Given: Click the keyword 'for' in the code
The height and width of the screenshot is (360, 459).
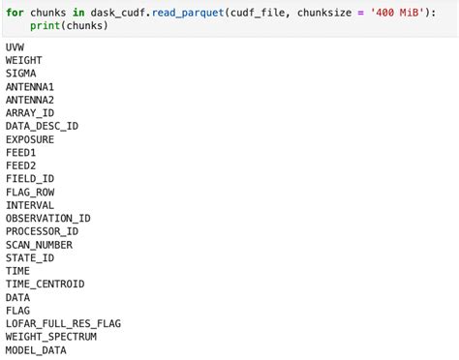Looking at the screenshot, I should point(15,12).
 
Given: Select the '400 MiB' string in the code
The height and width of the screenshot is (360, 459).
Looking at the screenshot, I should point(399,12).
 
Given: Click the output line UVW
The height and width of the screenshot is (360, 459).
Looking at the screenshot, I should point(15,47).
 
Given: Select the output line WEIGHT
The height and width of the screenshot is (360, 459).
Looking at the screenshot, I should point(23,60).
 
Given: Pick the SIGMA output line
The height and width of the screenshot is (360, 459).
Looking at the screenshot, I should point(20,74).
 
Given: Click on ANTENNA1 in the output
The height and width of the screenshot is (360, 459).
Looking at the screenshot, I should point(30,87).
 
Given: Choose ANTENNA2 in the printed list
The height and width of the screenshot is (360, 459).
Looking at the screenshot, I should point(30,100).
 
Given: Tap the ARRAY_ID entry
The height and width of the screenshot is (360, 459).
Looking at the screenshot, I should point(30,113).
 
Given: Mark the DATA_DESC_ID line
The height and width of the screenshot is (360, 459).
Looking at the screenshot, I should point(42,126).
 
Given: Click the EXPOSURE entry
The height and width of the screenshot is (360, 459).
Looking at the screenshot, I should point(30,139).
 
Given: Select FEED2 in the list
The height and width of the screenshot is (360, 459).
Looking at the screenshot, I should point(20,165).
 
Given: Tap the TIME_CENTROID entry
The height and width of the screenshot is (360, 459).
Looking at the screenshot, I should point(45,284).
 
